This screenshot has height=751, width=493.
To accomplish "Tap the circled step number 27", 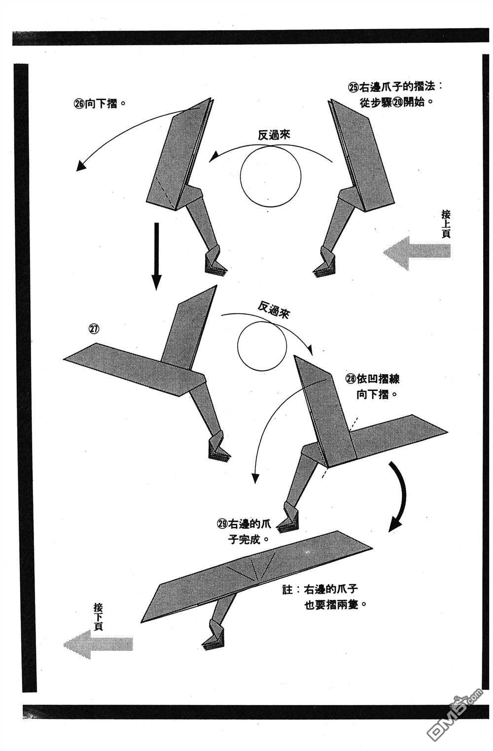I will point(94,328).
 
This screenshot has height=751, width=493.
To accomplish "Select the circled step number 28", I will point(351,379).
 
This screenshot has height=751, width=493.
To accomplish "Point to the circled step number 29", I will point(222,525).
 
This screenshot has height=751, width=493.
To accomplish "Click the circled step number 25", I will point(353,87).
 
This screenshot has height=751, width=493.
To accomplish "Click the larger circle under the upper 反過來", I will point(271,176).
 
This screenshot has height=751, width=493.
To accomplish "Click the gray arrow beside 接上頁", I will point(417,252).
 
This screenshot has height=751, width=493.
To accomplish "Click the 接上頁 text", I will point(446,223).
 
